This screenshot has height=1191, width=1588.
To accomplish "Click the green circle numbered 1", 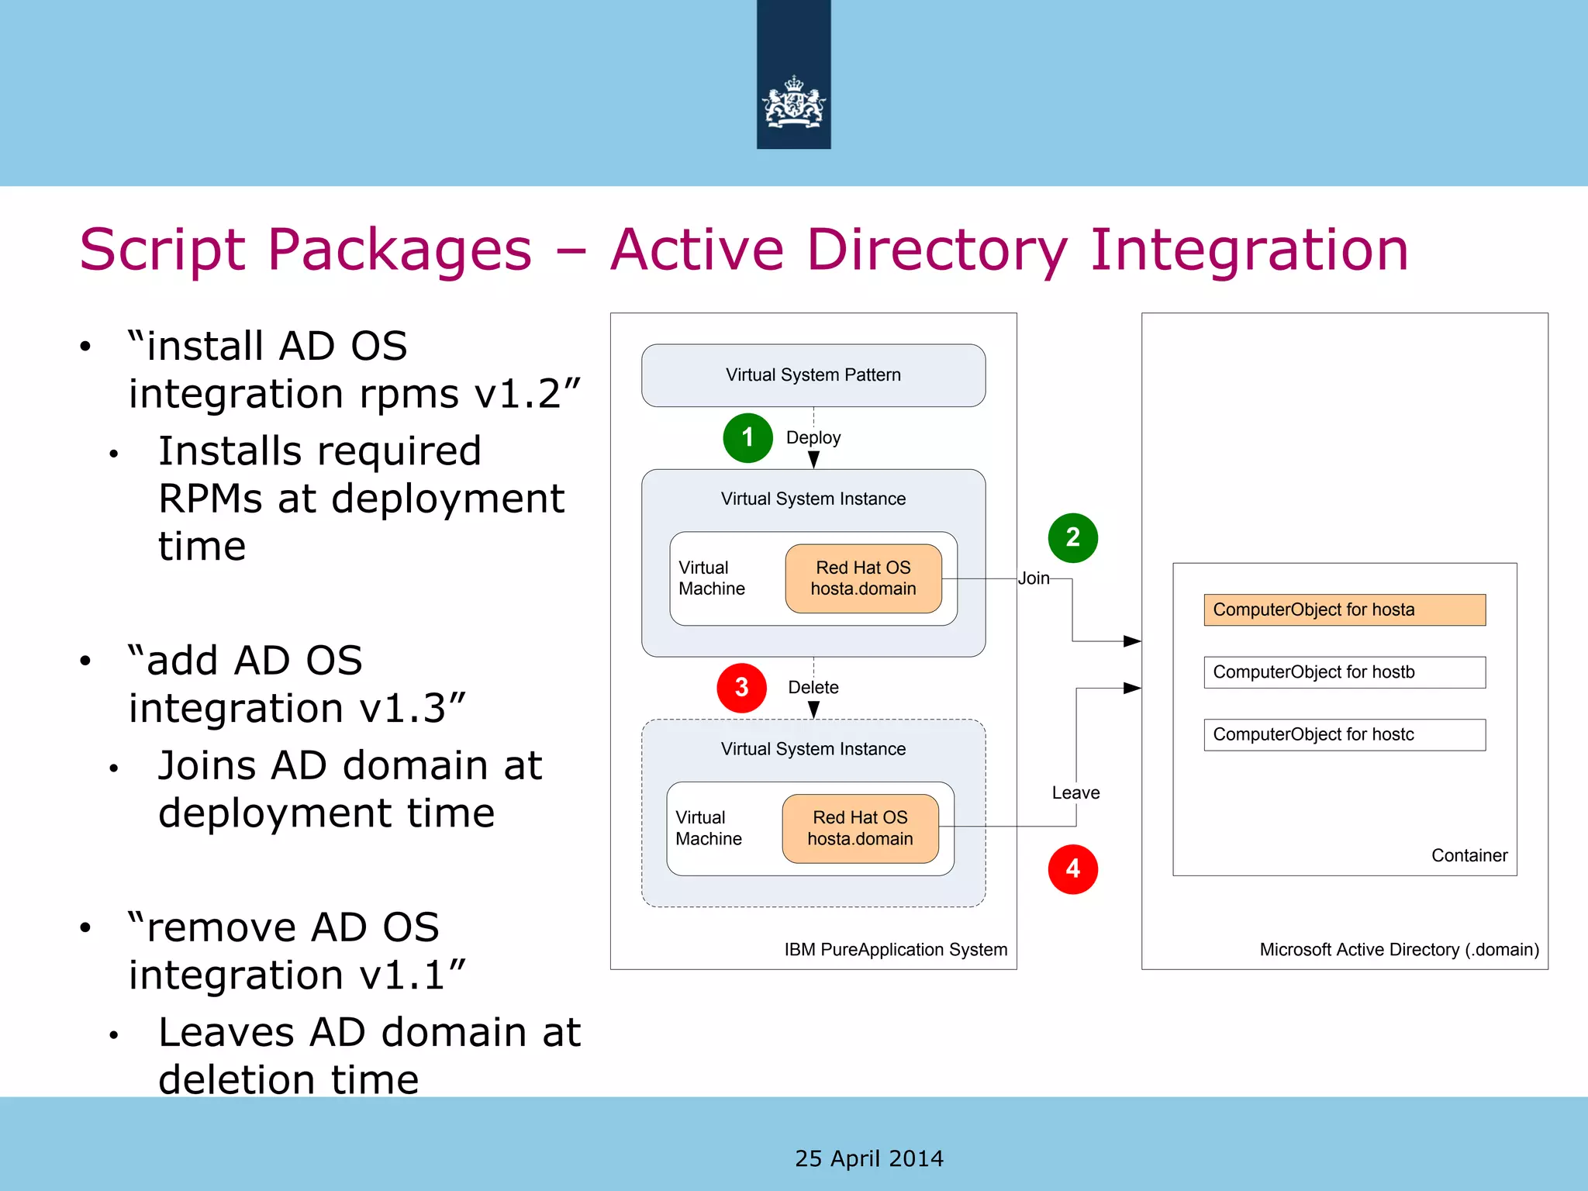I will pyautogui.click(x=747, y=438).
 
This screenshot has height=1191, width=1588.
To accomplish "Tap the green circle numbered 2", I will pyautogui.click(x=1072, y=537).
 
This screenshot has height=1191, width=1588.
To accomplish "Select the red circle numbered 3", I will pyautogui.click(x=741, y=687).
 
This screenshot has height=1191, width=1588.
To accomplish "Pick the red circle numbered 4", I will pyautogui.click(x=1072, y=869).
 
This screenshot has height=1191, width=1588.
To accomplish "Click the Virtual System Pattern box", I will pyautogui.click(x=813, y=375).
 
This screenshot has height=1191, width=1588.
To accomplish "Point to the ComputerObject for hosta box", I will pyautogui.click(x=1344, y=609).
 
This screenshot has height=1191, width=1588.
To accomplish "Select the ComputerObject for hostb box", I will pyautogui.click(x=1344, y=672).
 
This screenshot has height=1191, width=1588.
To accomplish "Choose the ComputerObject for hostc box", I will pyautogui.click(x=1344, y=734).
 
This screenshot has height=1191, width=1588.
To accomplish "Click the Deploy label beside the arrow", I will pyautogui.click(x=813, y=437).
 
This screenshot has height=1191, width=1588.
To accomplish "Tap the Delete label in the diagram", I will pyautogui.click(x=813, y=687).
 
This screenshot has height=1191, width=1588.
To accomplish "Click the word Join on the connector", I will pyautogui.click(x=1033, y=578).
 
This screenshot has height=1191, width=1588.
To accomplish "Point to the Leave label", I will pyautogui.click(x=1075, y=792).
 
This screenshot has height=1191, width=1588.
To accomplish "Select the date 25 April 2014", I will pyautogui.click(x=868, y=1158).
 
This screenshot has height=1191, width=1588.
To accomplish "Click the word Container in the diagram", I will pyautogui.click(x=1469, y=855).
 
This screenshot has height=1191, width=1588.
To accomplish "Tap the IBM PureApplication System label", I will pyautogui.click(x=895, y=949).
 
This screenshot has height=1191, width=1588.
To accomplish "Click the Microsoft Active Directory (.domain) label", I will pyautogui.click(x=1398, y=949).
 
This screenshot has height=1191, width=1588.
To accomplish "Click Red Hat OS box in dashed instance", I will pyautogui.click(x=860, y=828).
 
